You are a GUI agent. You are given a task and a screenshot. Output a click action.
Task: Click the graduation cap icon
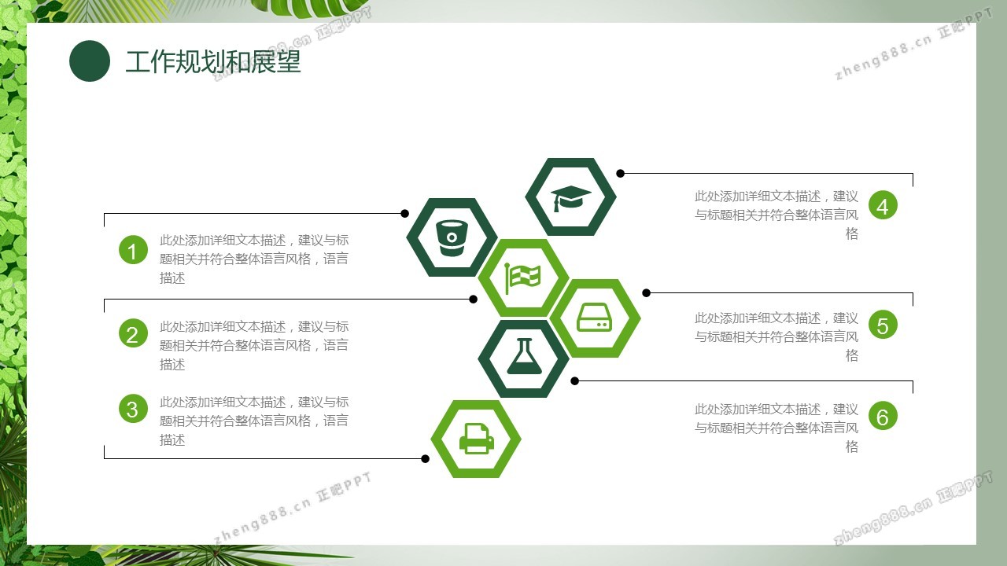tap(571, 197)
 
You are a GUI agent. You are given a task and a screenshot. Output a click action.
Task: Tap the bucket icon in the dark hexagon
tap(452, 237)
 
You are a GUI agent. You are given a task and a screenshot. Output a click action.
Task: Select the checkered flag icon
tap(522, 278)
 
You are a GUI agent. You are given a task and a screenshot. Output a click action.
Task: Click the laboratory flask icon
tap(524, 356)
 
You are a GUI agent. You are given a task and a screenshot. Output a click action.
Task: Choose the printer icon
tap(477, 439)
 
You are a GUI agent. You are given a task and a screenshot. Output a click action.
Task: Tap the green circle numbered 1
tap(133, 250)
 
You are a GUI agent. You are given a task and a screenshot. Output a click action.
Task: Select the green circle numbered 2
tap(133, 333)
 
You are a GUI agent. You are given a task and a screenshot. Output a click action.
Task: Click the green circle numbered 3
tap(133, 409)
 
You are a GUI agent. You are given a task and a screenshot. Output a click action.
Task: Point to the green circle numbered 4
tap(883, 205)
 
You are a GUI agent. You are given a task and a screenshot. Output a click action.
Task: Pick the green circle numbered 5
tap(883, 325)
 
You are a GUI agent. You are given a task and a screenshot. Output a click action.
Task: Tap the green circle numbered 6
tap(883, 416)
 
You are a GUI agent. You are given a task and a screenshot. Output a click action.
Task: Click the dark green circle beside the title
tap(90, 61)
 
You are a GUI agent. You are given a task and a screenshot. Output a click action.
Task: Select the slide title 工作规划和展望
tap(212, 61)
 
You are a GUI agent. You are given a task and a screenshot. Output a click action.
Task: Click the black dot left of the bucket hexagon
tap(404, 213)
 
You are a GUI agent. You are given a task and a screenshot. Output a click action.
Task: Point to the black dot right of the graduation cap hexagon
tap(621, 174)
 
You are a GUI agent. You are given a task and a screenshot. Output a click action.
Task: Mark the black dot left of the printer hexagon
tap(426, 458)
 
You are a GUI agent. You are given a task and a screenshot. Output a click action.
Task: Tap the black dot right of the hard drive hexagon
tap(647, 293)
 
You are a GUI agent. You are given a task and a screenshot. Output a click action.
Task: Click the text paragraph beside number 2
tap(254, 345)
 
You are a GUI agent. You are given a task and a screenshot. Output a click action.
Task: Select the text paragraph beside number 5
tap(776, 337)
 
